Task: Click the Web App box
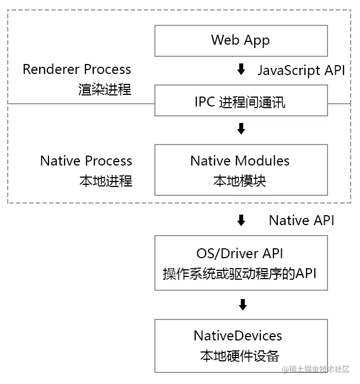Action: pos(241,40)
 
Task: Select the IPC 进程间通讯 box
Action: pos(241,100)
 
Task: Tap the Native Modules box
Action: pos(241,170)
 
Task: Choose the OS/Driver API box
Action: pos(241,263)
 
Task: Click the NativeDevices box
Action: pos(241,345)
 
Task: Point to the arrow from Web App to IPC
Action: pos(240,70)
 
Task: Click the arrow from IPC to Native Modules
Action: pos(240,129)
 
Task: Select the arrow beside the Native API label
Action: pos(240,221)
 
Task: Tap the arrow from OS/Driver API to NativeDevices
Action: pos(241,305)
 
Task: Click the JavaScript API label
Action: pos(301,70)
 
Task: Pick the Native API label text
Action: pos(301,221)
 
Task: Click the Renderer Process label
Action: pos(77,70)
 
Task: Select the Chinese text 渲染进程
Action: pos(105,89)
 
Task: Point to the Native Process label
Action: pos(86,161)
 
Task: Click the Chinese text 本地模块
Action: pos(240,181)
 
